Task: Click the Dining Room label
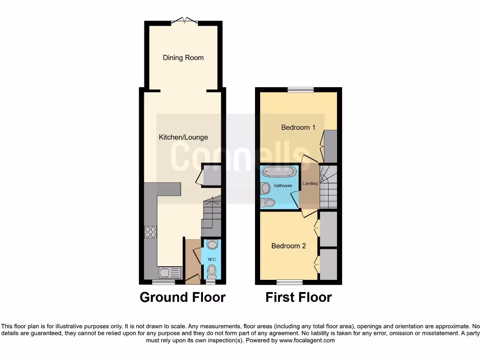pyautogui.click(x=183, y=58)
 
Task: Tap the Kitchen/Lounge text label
pyautogui.click(x=183, y=137)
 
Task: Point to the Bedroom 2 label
pyautogui.click(x=289, y=246)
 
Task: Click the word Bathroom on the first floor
pyautogui.click(x=283, y=186)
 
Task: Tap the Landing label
pyautogui.click(x=310, y=184)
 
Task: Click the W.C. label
pyautogui.click(x=211, y=259)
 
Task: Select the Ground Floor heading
pyautogui.click(x=182, y=297)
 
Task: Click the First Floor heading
pyautogui.click(x=299, y=297)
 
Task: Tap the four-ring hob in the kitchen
pyautogui.click(x=150, y=232)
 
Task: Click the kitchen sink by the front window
pyautogui.click(x=169, y=272)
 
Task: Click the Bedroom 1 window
pyautogui.click(x=300, y=89)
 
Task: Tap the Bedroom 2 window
pyautogui.click(x=289, y=282)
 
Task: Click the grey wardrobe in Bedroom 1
pyautogui.click(x=330, y=147)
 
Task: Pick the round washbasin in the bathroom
pyautogui.click(x=266, y=188)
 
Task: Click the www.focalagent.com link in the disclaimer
pyautogui.click(x=307, y=341)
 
